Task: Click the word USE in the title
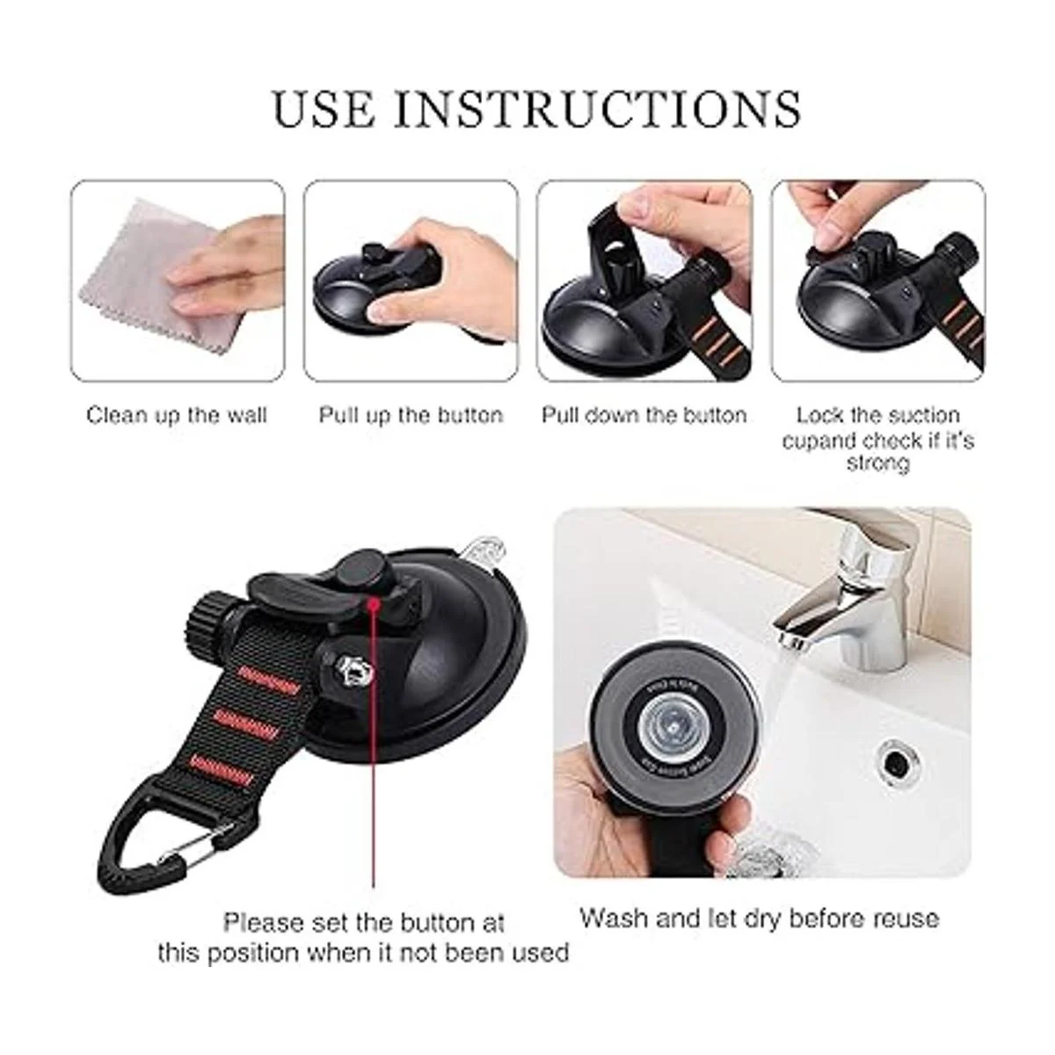(x=324, y=110)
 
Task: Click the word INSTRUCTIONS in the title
(x=598, y=110)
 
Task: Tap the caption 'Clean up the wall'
(x=177, y=416)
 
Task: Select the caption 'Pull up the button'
(x=411, y=416)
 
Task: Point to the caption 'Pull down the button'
(x=644, y=416)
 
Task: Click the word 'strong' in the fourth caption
(x=877, y=463)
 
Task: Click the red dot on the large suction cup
(x=375, y=603)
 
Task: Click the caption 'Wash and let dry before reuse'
(x=760, y=933)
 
